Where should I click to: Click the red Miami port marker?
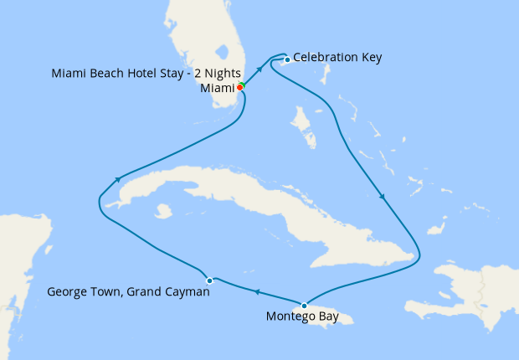pos(240,87)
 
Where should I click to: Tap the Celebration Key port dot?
pos(287,59)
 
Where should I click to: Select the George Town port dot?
pos(210,280)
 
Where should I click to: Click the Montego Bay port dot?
pos(304,305)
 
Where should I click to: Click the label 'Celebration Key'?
pos(337,58)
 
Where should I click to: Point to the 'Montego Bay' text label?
pos(302,316)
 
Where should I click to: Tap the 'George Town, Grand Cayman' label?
pos(128,292)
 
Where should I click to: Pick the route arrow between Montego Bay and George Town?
pos(257,291)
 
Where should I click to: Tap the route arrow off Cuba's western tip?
pos(120,178)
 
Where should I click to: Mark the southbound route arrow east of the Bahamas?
pos(383,198)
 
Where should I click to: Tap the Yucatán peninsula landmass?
pos(17,251)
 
